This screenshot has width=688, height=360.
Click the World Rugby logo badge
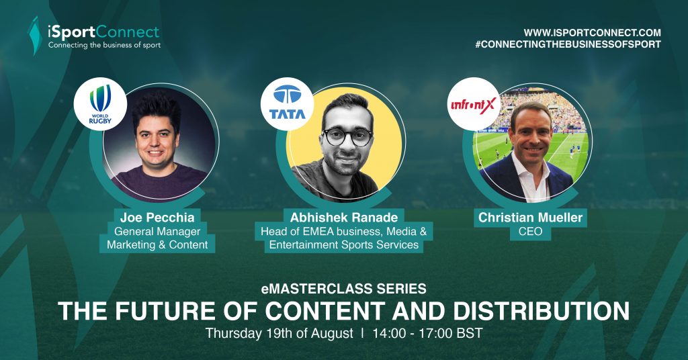100,104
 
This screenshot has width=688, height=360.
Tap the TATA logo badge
287,103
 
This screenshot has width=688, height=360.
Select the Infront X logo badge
474,104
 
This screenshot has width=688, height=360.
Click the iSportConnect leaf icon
35,36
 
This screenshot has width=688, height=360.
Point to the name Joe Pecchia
157,217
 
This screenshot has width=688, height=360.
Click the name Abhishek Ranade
344,217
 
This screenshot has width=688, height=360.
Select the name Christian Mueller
531,217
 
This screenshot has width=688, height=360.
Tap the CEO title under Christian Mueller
531,232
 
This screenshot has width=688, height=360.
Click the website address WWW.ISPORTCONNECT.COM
593,32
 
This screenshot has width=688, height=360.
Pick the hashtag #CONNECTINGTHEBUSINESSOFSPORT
568,44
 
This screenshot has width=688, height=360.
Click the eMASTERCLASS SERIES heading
343,289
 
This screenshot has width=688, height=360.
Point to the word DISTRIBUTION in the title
541,310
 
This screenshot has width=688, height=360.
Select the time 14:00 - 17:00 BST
427,333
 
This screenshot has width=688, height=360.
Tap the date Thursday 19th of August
279,333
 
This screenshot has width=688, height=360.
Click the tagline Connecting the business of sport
104,45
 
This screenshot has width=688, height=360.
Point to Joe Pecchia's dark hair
156,109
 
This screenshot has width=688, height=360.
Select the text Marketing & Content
157,244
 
